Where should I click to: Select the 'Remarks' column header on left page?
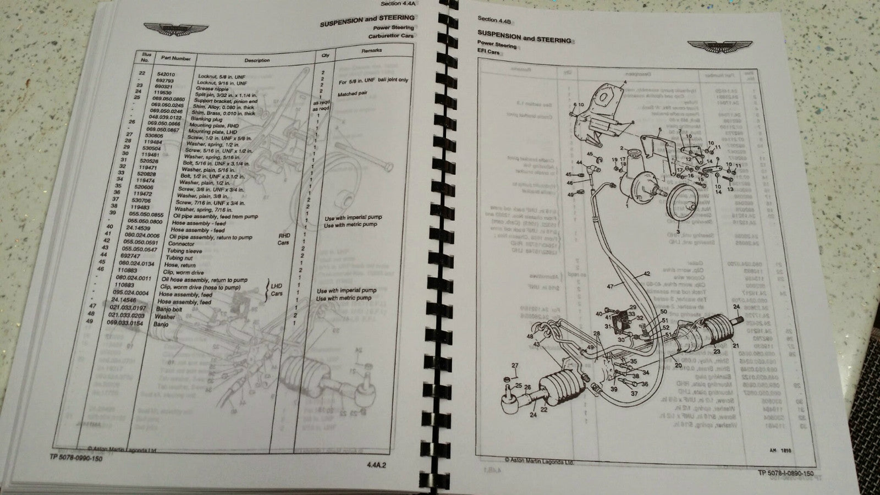(x=371, y=51)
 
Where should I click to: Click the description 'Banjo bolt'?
(x=171, y=309)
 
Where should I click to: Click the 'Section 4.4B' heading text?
(x=495, y=21)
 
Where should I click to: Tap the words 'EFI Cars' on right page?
(x=489, y=52)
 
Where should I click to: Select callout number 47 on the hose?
(x=609, y=287)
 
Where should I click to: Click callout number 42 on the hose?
(x=646, y=273)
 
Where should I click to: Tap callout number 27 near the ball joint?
(x=515, y=366)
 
